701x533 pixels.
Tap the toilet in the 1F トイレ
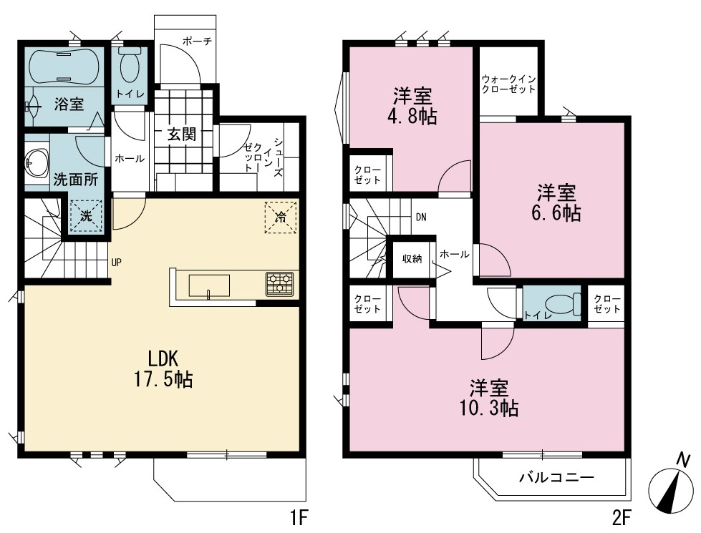[130, 65]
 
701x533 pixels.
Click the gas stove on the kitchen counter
[280, 284]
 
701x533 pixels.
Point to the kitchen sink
[209, 286]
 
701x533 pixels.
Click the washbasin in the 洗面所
[37, 162]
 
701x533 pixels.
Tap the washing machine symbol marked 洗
[86, 216]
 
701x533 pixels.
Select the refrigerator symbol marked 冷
[281, 217]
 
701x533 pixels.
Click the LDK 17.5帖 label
[163, 369]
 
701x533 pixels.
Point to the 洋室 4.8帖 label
[412, 107]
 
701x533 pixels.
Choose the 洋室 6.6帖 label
[556, 203]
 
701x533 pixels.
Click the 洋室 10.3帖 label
[489, 398]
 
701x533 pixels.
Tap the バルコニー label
[556, 478]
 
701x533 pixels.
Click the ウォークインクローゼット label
[508, 84]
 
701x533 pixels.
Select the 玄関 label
[182, 134]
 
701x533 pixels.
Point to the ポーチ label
[197, 41]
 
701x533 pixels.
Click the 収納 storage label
[412, 258]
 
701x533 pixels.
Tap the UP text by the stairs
[116, 263]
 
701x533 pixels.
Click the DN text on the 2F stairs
[421, 217]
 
